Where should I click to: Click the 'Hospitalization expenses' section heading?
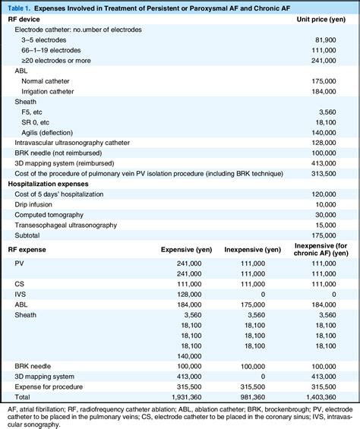click(51, 184)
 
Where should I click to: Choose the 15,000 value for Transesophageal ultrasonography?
click(337, 226)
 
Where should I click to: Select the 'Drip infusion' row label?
click(36, 204)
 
